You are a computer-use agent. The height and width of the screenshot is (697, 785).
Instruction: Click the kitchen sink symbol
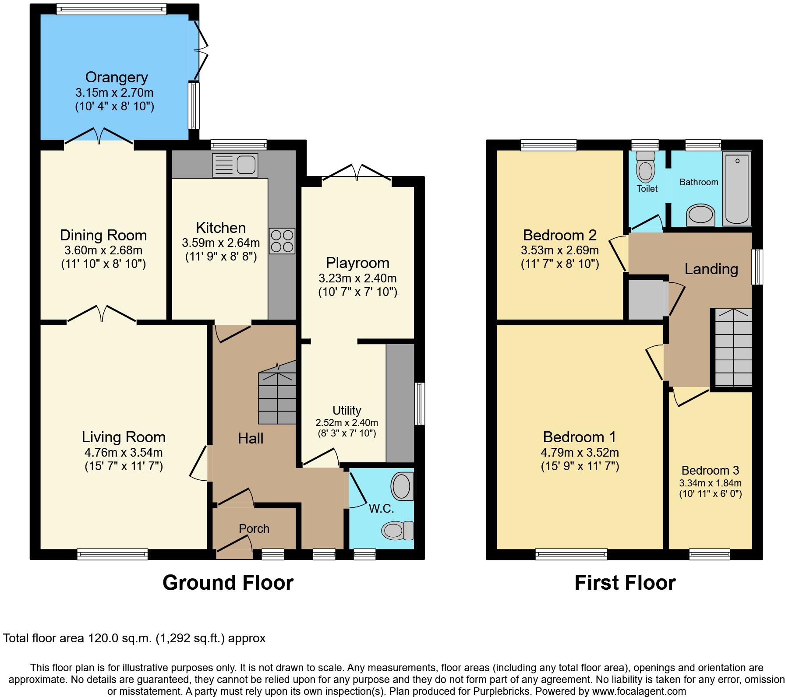235,165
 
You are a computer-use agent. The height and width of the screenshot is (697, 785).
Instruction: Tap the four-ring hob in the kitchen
282,241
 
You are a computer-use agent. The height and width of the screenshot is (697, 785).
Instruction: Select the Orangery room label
117,77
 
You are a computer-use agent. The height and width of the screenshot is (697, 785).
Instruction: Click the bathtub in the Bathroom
737,188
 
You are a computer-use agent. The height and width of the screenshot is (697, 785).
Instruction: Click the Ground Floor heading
228,583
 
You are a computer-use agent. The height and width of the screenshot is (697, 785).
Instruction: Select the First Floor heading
625,583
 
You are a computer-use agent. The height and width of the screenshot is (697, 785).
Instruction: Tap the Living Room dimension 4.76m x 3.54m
124,452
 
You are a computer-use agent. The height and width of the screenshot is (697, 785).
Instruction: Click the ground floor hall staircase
277,396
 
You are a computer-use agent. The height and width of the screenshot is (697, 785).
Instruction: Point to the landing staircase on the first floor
734,348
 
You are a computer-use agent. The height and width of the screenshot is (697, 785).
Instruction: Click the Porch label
254,528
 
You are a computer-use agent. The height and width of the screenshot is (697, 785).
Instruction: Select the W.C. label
382,508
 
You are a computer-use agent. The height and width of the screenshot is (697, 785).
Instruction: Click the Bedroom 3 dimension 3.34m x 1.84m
710,483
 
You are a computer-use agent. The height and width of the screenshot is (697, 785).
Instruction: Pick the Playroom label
357,263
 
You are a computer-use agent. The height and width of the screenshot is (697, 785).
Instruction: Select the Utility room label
347,410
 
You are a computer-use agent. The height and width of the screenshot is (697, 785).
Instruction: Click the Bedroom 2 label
559,235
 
